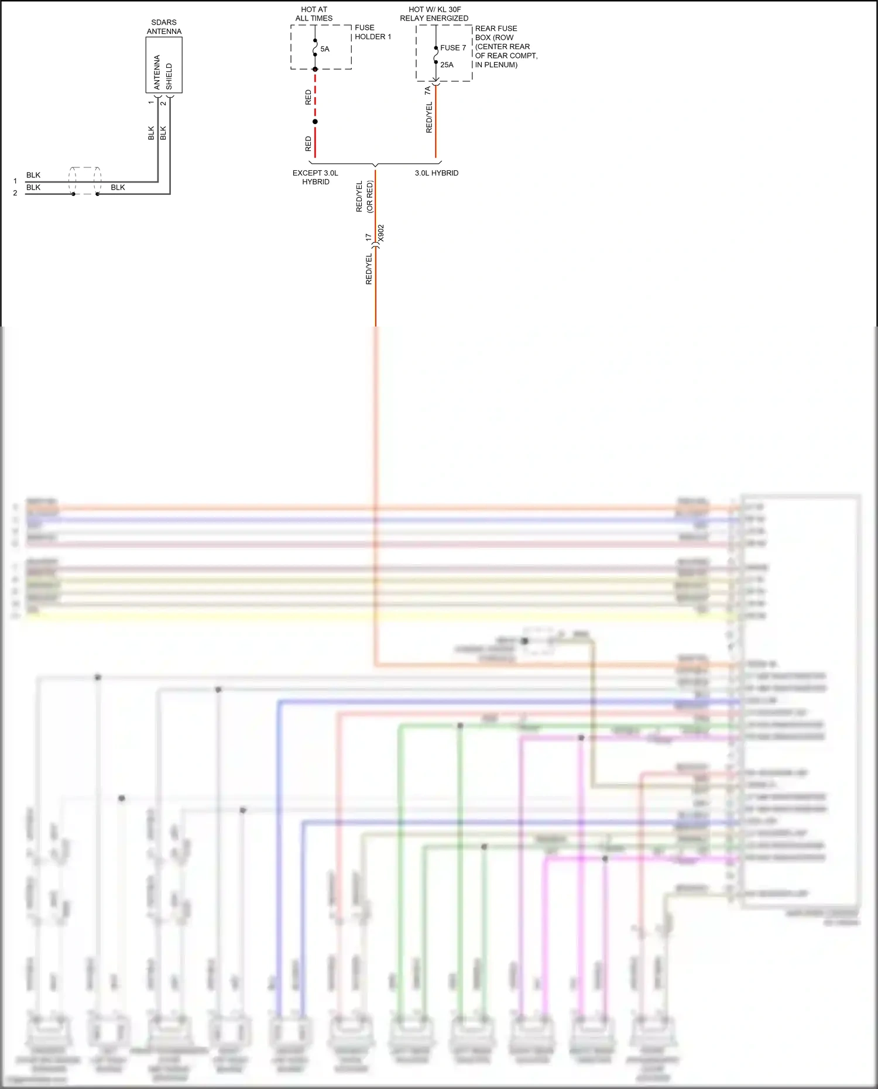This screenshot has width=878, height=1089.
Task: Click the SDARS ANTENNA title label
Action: pos(164,27)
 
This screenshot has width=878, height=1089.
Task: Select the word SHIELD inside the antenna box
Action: pos(169,76)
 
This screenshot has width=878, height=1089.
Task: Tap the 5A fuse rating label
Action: pos(325,49)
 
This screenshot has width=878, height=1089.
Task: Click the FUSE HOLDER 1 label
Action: pos(373,32)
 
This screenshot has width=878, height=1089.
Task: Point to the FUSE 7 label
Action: pos(453,48)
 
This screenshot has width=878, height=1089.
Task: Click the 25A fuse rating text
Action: pos(447,65)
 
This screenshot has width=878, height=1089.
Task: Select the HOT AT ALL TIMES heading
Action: pos(314,14)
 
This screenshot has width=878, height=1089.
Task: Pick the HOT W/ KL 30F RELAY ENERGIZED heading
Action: pos(434,14)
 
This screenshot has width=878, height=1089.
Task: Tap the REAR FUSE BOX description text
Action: pos(506,46)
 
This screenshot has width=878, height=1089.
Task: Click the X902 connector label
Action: pos(381,233)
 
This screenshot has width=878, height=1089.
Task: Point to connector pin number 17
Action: pos(368,237)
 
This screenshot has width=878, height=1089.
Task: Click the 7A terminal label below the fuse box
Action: pos(427,90)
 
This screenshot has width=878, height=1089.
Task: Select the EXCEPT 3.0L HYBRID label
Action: pos(315,177)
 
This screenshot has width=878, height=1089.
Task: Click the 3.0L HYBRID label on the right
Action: pos(437,173)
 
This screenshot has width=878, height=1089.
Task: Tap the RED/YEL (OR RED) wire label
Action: pos(364,197)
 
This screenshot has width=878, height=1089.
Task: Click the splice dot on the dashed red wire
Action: pos(315,122)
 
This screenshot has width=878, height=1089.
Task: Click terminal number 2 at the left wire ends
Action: pos(15,193)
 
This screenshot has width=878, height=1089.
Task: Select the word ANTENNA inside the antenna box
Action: pos(157,73)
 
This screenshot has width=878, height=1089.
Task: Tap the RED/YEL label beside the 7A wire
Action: pos(429,117)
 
